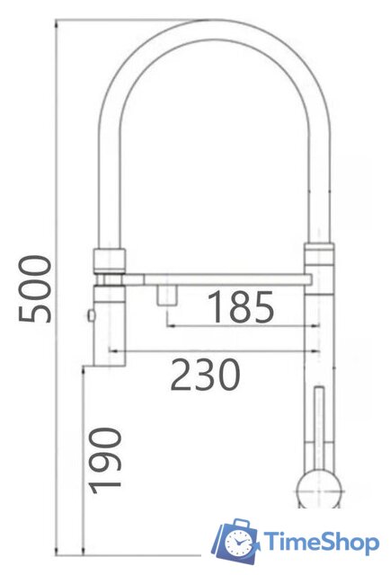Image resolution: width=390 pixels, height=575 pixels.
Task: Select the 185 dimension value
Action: [241, 308]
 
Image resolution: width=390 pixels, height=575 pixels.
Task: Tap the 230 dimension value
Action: [206, 375]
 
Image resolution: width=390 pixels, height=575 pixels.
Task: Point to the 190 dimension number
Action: [105, 460]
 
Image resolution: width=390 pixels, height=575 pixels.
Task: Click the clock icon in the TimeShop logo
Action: [239, 542]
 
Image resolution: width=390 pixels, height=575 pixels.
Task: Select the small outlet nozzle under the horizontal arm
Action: [165, 296]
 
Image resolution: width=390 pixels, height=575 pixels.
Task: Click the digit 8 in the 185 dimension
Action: [241, 308]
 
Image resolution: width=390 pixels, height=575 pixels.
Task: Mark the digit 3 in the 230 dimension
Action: [206, 375]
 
